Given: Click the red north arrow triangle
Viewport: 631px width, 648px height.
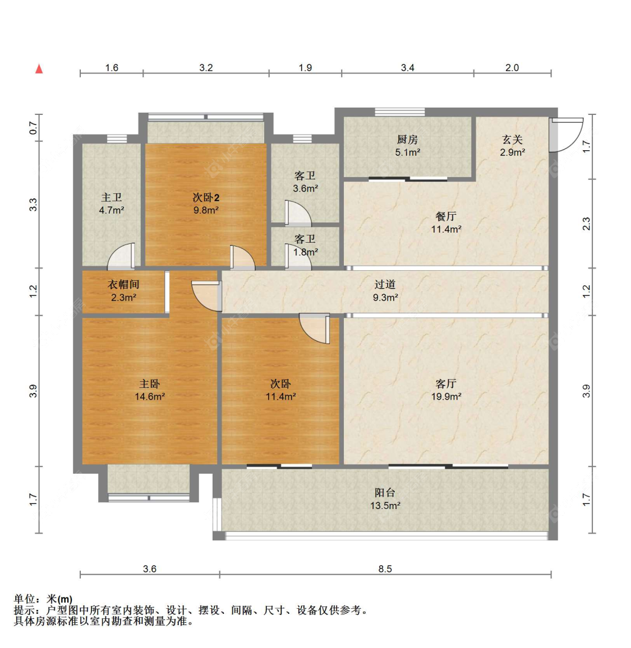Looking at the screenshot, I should [39, 69].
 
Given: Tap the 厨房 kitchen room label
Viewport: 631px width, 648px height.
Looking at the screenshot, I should [407, 140].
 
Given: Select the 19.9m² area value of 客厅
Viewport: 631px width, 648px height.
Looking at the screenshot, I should [446, 397].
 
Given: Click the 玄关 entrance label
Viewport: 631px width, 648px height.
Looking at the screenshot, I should [512, 140].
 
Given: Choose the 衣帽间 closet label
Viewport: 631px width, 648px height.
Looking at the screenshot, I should [123, 285].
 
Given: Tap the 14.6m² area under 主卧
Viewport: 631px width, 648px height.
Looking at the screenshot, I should [149, 397].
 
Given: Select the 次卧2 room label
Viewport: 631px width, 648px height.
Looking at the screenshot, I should [206, 197].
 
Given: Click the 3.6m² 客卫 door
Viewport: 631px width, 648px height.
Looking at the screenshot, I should [296, 214].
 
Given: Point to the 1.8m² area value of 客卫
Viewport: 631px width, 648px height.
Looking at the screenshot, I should [305, 252].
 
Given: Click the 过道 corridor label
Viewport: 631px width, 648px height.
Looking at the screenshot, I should [385, 285].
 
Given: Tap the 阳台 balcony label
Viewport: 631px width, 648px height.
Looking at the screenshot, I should [385, 493].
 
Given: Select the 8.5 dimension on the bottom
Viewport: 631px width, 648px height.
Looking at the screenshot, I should [385, 569].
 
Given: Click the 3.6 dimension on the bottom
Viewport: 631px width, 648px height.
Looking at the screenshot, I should [149, 569].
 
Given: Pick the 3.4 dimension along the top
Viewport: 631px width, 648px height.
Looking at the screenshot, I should [407, 68].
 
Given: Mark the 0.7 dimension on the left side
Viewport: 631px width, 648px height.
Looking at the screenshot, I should [34, 128].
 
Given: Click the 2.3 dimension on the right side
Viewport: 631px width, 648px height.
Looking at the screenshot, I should [586, 224].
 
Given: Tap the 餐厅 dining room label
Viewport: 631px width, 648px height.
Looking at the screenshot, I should [446, 216].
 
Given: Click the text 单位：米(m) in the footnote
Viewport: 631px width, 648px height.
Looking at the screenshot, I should [43, 599].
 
